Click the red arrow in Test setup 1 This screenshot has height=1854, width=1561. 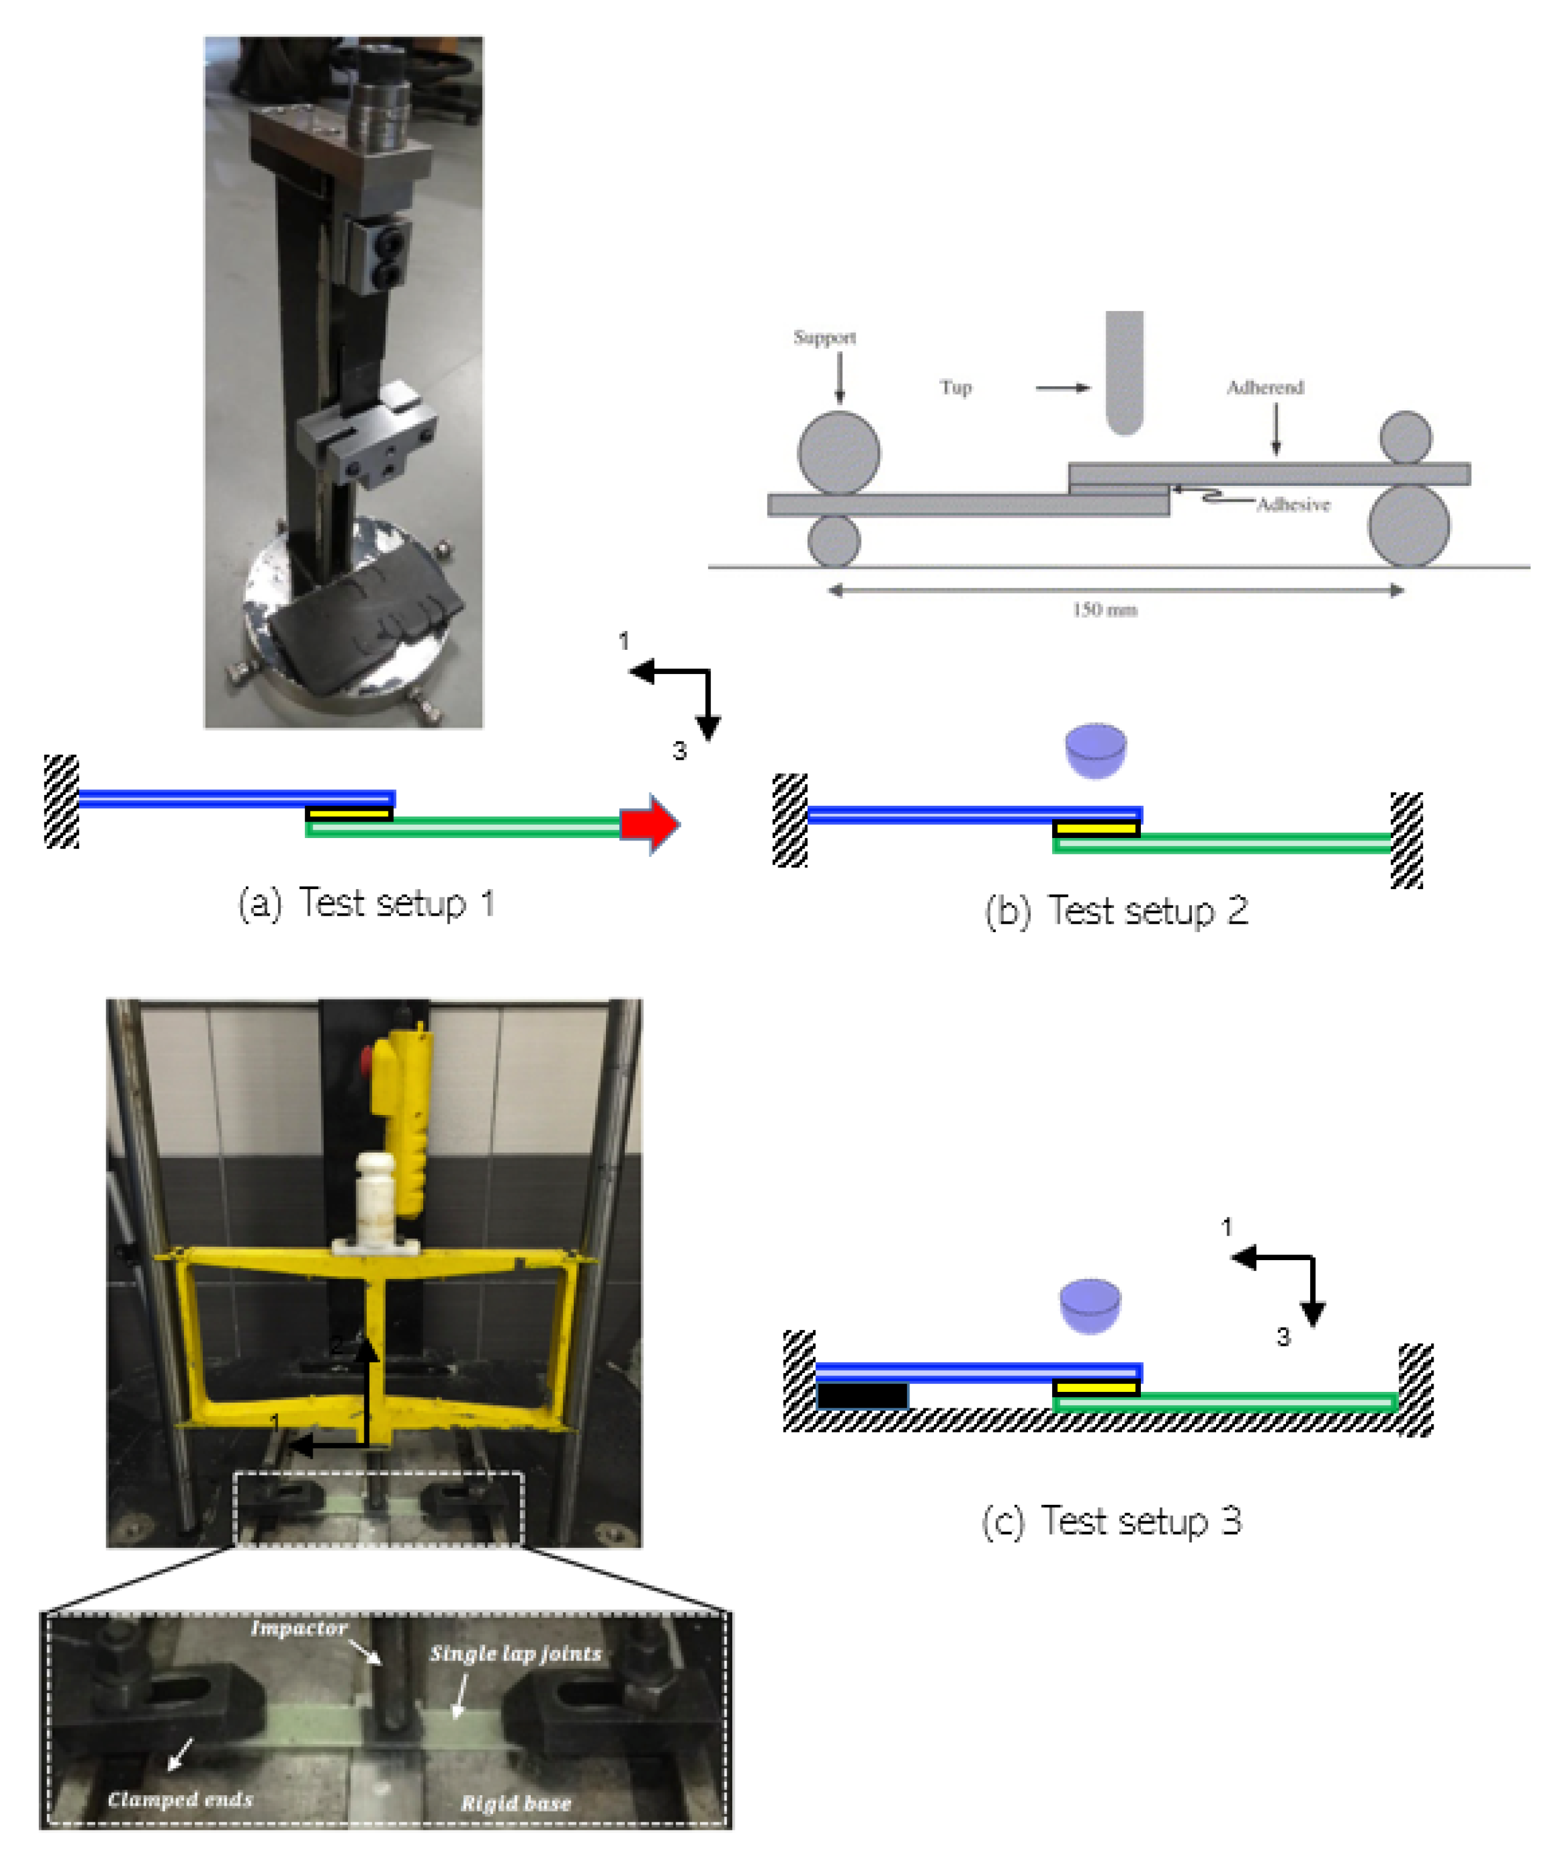click(650, 824)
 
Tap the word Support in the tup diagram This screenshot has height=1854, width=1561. click(824, 337)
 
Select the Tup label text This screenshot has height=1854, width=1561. click(956, 387)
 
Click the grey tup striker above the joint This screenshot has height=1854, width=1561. click(1124, 373)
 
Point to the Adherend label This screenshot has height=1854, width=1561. click(1265, 387)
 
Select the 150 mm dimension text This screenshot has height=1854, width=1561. click(1104, 610)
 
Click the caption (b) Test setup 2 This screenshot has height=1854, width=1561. click(1116, 912)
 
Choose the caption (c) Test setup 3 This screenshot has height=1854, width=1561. click(1112, 1521)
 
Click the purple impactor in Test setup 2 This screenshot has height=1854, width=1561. click(1095, 751)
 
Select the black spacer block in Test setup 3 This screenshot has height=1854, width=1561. click(862, 1396)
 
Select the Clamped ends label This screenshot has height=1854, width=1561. click(180, 1799)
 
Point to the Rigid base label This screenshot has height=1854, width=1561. click(516, 1804)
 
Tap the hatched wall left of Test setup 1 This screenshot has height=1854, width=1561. click(61, 802)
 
